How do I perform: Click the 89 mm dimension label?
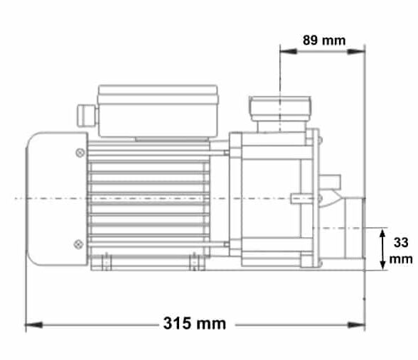coord(323,40)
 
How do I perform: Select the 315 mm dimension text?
coord(194,324)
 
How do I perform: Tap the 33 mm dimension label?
coord(400,250)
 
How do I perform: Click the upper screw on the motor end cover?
coord(78,151)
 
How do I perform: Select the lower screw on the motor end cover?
coord(78,244)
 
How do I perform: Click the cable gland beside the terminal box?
coord(83,113)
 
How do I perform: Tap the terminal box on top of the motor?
coord(157,111)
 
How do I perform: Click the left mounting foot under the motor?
coord(107,263)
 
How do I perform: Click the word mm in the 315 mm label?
coord(210,324)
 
